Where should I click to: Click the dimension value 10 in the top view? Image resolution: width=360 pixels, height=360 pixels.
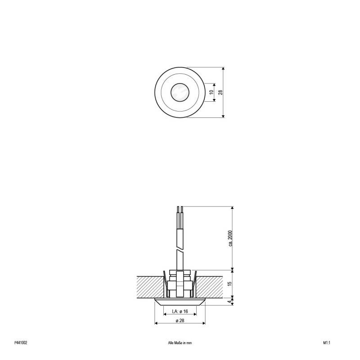click(x=211, y=92)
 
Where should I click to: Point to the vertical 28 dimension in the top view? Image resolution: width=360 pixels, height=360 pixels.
click(x=220, y=92)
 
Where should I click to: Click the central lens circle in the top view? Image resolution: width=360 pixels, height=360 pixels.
click(x=180, y=92)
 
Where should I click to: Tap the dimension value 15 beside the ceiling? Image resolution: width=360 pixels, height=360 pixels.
click(x=229, y=283)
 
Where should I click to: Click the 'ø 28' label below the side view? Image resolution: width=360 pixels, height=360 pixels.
click(x=180, y=320)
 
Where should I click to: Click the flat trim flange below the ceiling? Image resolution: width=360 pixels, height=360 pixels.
click(x=180, y=301)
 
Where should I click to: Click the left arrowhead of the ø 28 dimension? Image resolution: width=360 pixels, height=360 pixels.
click(x=156, y=323)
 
